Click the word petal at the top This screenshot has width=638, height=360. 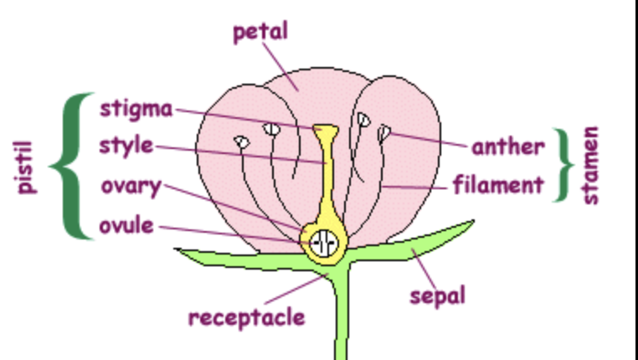260,32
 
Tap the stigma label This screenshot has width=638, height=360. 136,109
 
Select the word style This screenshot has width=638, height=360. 126,145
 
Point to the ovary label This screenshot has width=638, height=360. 131,186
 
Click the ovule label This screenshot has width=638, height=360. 126,225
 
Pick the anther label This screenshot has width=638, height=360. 507,147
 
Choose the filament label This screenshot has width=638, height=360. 498,184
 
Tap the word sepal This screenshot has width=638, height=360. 437,295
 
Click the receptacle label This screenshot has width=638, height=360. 246,317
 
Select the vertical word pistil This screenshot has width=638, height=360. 26,167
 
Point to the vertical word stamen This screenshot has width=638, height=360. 591,166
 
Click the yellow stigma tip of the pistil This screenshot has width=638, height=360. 324,131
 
